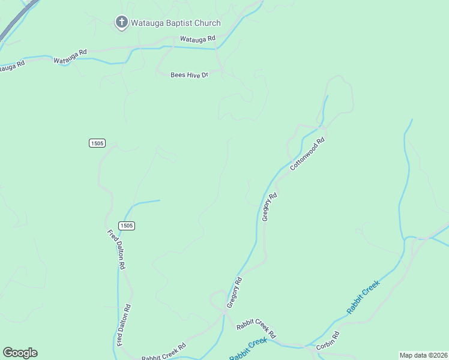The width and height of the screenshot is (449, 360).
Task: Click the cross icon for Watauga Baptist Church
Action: click(x=121, y=23)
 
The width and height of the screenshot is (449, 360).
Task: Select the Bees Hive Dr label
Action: click(x=189, y=75)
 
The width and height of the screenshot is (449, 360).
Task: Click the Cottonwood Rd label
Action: click(x=307, y=154)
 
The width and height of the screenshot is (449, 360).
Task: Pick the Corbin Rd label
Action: click(x=328, y=341)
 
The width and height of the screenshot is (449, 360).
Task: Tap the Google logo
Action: click(x=20, y=353)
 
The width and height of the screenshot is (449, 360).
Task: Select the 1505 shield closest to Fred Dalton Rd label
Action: click(x=126, y=226)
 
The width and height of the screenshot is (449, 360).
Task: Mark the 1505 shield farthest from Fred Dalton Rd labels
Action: click(x=97, y=143)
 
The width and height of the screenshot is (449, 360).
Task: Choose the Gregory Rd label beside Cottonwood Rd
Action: click(x=270, y=207)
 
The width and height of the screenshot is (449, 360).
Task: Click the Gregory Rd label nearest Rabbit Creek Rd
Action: click(x=234, y=292)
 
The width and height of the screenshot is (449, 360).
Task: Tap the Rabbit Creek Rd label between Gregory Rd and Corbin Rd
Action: click(x=255, y=328)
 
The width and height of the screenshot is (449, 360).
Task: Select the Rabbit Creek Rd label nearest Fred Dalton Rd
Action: click(x=163, y=352)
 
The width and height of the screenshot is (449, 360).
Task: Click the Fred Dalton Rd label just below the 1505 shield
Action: click(x=116, y=249)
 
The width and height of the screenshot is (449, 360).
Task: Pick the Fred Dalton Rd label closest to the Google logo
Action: click(x=124, y=325)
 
